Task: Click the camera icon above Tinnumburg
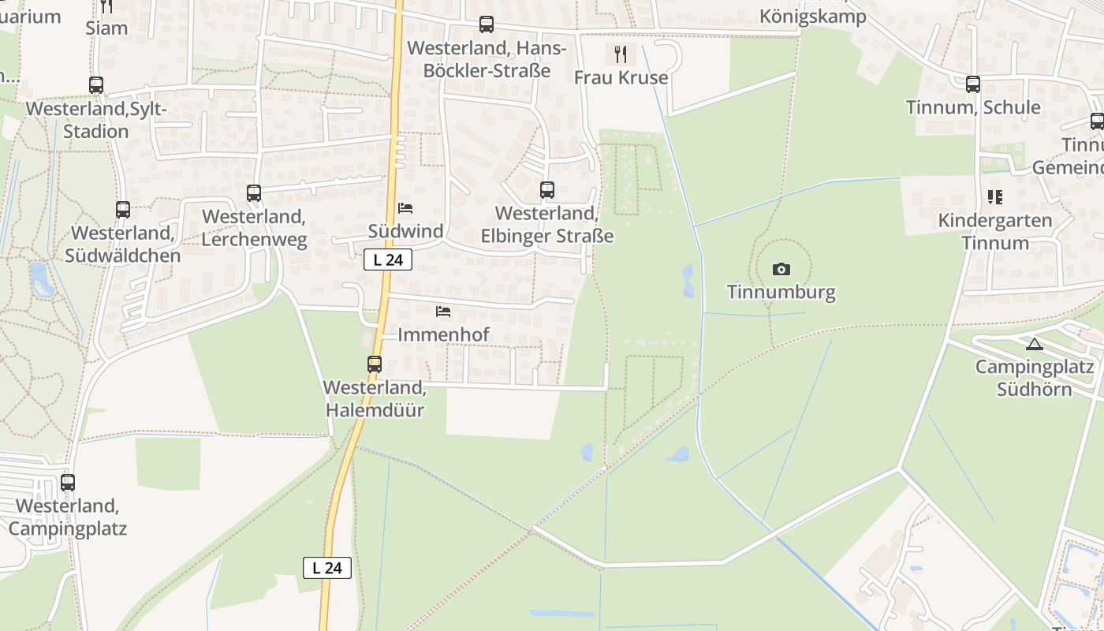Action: [x=781, y=270]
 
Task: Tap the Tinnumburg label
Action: [x=781, y=293]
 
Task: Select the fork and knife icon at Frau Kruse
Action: [x=621, y=54]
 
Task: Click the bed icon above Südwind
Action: [x=405, y=208]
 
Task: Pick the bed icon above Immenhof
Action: [x=443, y=312]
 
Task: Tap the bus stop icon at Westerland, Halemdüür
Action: [x=375, y=364]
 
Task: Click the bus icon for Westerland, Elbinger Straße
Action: [x=546, y=190]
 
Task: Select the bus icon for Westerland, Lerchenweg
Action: [x=254, y=193]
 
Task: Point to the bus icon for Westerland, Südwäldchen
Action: [x=123, y=210]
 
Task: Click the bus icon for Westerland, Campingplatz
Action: [x=68, y=482]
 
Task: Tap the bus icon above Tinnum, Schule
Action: [x=973, y=84]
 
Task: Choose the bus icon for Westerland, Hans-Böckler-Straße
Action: [x=487, y=24]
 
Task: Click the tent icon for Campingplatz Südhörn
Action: [x=1034, y=344]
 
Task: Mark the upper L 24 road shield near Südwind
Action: [x=388, y=259]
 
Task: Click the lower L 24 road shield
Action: [x=327, y=567]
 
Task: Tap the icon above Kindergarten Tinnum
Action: [x=995, y=197]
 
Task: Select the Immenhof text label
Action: [x=443, y=334]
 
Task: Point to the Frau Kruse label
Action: [x=621, y=77]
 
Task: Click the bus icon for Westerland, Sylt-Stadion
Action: [x=96, y=85]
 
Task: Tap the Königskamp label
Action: [x=812, y=17]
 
